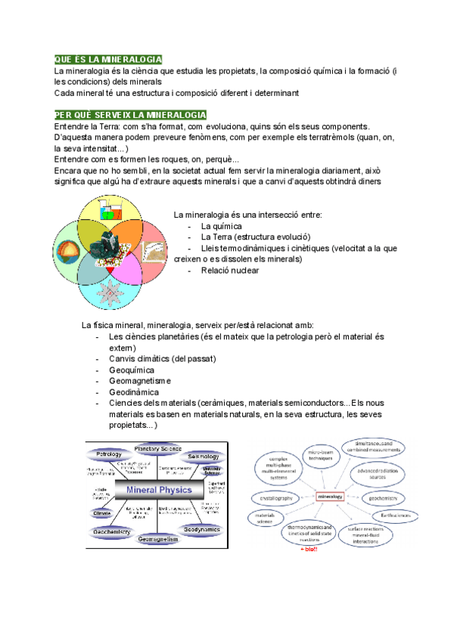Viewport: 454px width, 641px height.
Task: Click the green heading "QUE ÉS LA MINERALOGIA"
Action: coord(108,60)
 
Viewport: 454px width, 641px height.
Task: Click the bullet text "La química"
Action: coord(221,226)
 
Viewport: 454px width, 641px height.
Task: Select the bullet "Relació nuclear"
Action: coord(229,270)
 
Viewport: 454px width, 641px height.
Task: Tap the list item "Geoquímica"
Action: coord(132,370)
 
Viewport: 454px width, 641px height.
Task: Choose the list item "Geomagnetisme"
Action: coord(140,382)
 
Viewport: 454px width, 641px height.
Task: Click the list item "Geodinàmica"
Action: coord(134,392)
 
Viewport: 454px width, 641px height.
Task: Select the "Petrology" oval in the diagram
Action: coord(109,454)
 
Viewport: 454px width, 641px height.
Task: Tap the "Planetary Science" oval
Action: coord(158,449)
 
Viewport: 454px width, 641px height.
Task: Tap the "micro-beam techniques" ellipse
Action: coord(321,454)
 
